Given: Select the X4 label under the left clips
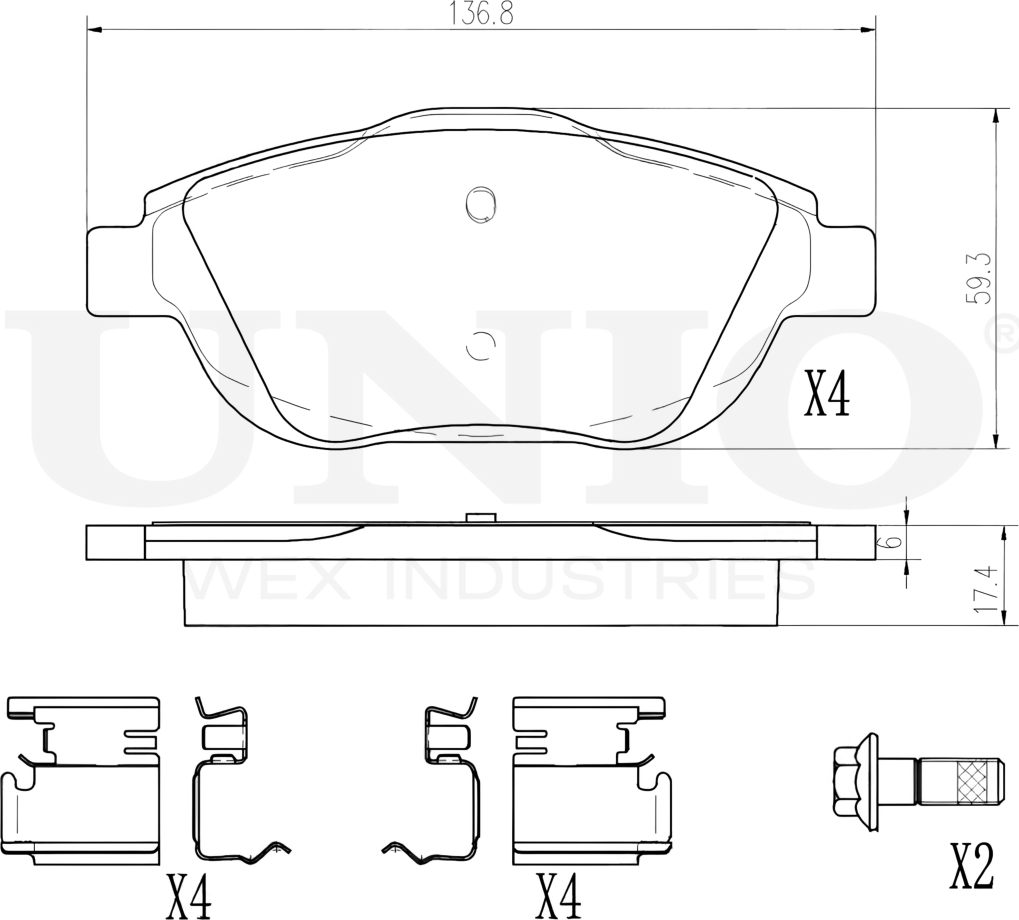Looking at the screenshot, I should (189, 894).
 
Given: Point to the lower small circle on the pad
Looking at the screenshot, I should (481, 345).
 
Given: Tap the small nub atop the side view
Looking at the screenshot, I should (481, 518).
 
